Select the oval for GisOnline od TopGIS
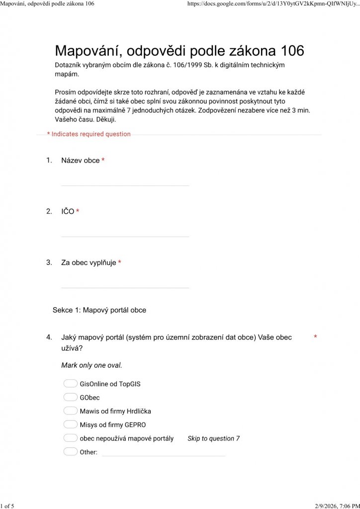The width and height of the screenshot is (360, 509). [71, 384]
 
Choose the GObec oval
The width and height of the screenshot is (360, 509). [71, 397]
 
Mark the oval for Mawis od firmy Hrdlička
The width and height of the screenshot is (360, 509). [71, 411]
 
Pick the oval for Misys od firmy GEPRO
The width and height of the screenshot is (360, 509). [71, 424]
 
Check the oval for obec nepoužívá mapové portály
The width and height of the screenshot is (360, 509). [71, 438]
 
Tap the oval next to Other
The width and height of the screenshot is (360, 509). [71, 452]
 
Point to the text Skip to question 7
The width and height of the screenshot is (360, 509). [213, 438]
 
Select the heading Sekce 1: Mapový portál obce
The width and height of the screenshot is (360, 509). [99, 310]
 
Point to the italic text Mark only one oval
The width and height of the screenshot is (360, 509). [91, 365]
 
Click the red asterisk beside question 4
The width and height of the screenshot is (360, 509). [315, 338]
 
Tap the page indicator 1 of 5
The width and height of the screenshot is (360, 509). [7, 506]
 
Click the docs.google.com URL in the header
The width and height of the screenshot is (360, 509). [273, 3]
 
